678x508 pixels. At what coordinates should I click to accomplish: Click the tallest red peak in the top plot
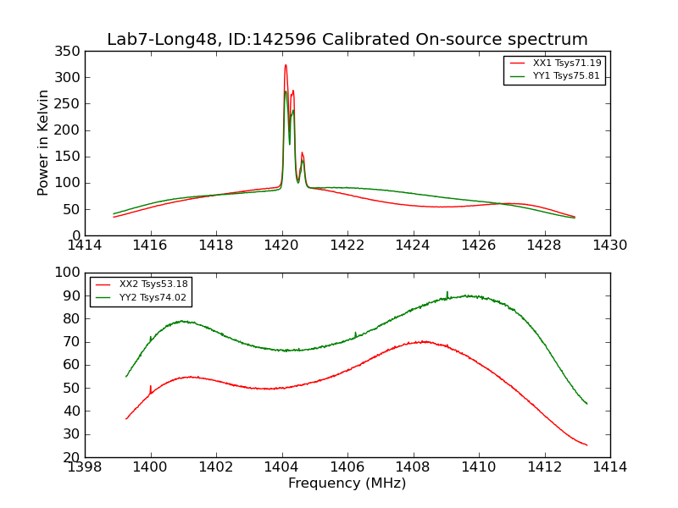[x=286, y=65]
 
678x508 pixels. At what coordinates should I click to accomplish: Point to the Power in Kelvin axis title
[x=43, y=143]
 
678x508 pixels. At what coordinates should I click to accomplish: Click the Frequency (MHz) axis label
[x=347, y=483]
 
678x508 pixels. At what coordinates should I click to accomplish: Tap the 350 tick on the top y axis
[x=71, y=52]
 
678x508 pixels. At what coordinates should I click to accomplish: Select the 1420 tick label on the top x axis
[x=281, y=246]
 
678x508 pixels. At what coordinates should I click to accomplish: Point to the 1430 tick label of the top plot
[x=609, y=246]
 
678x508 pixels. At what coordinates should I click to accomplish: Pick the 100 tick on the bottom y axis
[x=68, y=273]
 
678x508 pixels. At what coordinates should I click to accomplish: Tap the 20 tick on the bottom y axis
[x=71, y=457]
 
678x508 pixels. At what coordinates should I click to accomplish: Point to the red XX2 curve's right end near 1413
[x=586, y=445]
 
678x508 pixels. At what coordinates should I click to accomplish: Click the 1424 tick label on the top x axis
[x=413, y=246]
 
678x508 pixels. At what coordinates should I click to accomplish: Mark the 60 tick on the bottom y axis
[x=71, y=365]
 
